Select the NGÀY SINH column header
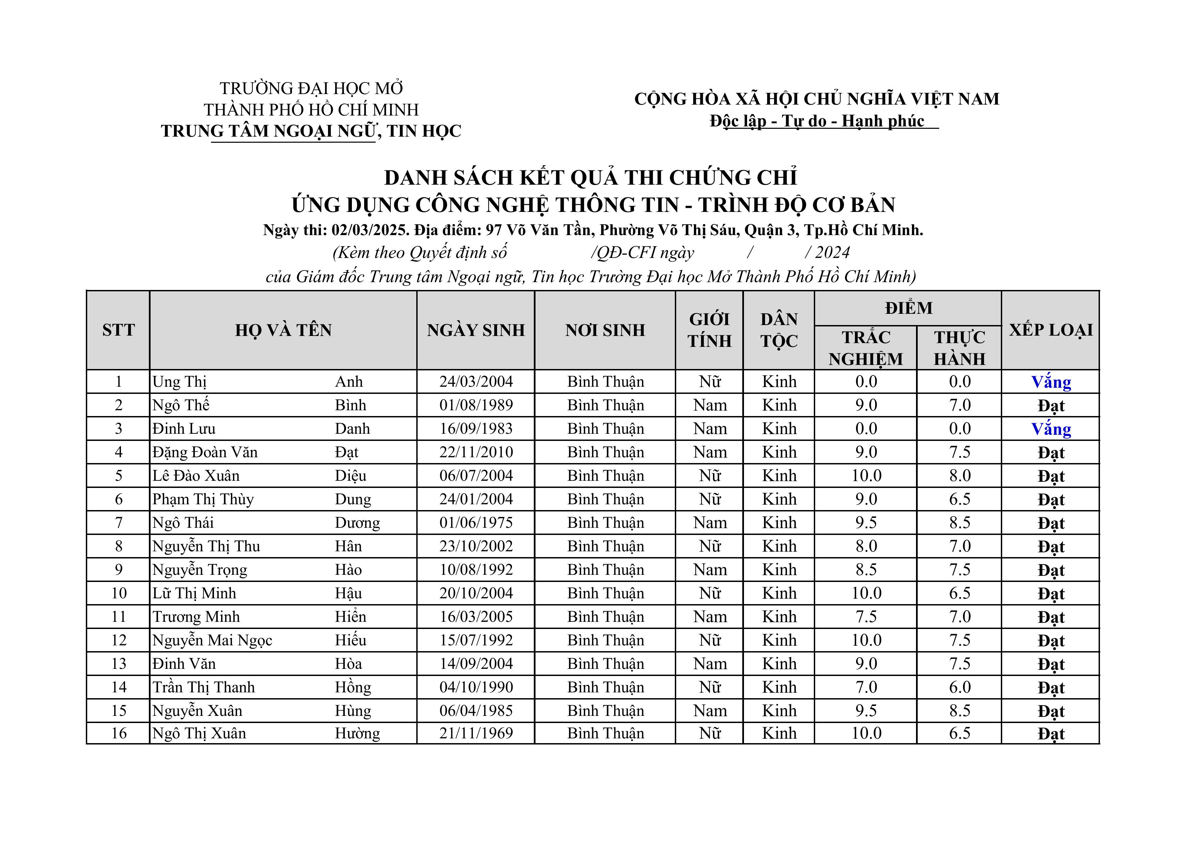coord(476,330)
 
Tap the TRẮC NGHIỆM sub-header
coord(866,348)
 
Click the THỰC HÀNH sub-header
coord(959,348)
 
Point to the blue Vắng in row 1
coord(1051,382)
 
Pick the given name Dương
coord(357,523)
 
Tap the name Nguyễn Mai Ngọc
coord(212,640)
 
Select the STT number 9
coord(119,570)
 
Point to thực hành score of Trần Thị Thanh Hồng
coord(959,687)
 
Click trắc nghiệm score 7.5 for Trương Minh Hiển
coord(866,617)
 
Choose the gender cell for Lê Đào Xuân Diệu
coord(709,476)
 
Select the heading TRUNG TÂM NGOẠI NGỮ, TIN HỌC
coord(311,131)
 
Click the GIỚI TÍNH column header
coord(709,330)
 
